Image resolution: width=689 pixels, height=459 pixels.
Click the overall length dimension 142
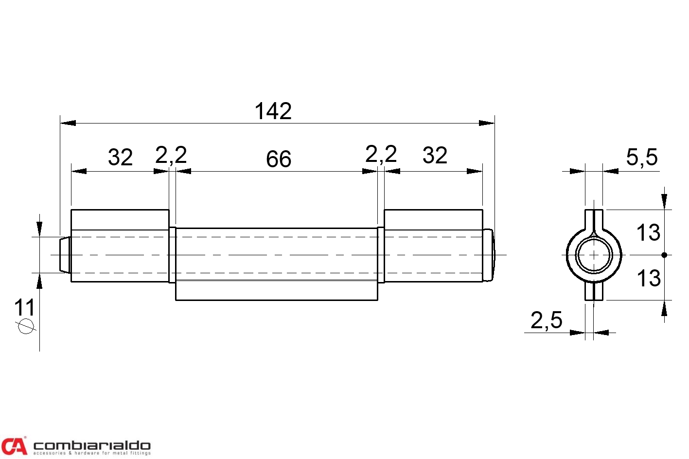[273, 111]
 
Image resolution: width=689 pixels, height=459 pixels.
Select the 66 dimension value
[278, 159]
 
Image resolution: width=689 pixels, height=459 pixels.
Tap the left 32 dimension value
[120, 157]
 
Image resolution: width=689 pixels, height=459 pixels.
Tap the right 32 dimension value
[435, 156]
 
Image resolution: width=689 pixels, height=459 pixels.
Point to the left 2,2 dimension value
[171, 155]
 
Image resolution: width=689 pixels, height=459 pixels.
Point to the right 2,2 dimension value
[381, 155]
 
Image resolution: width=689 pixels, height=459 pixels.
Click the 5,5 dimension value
[642, 158]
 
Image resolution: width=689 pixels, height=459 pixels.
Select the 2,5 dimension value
[546, 320]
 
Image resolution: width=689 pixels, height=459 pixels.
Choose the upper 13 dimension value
[648, 232]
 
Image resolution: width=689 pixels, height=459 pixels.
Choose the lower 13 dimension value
[648, 278]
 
